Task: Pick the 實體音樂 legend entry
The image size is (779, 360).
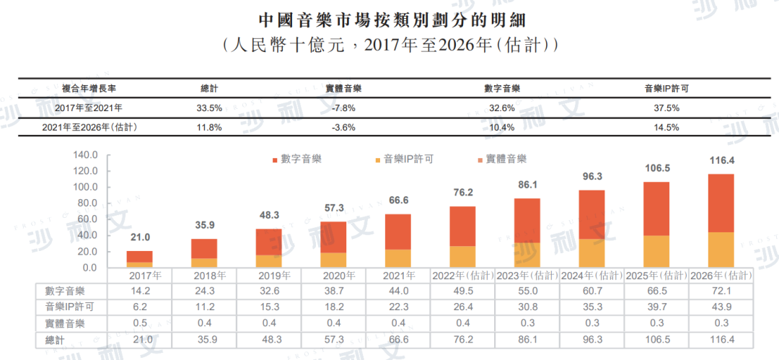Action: click(x=506, y=159)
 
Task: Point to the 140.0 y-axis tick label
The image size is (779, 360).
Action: click(x=85, y=155)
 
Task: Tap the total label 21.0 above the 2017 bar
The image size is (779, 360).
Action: click(x=141, y=237)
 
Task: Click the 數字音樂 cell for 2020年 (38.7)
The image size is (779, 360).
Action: click(x=333, y=291)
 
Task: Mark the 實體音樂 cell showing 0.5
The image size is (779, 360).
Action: click(x=140, y=323)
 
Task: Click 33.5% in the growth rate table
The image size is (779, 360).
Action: click(x=210, y=108)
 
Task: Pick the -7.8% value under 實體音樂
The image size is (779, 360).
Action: click(x=343, y=108)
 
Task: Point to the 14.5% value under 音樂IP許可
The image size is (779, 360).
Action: click(x=667, y=128)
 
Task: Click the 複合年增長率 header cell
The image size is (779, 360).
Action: click(x=85, y=88)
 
